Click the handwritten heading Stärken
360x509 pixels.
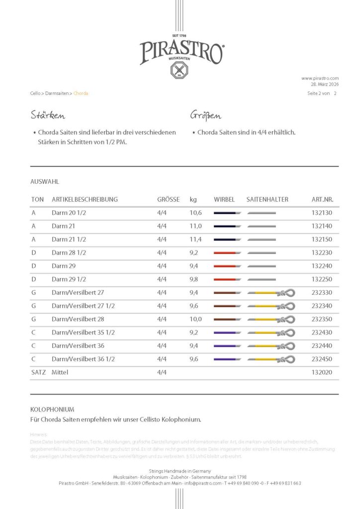48,116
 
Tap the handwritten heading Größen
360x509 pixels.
205,116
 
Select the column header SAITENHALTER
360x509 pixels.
267,199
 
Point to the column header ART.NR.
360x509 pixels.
322,199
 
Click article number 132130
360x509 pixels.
322,213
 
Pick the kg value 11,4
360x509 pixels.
196,239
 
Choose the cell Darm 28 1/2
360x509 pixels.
69,253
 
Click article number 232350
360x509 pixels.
322,319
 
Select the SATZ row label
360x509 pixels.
38,372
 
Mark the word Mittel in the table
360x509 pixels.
60,372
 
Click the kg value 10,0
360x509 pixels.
197,319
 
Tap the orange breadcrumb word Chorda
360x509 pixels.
81,93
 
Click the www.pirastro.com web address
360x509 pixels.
320,78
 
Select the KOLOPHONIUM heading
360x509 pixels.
52,410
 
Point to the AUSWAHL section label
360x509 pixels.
45,182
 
